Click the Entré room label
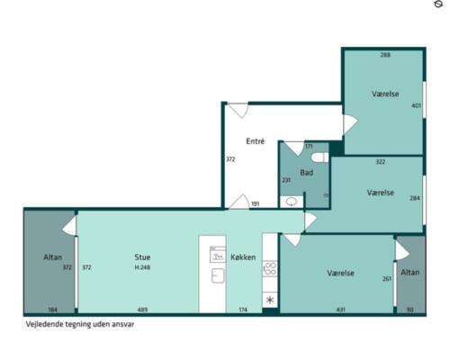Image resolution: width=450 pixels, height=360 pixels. click(x=255, y=141)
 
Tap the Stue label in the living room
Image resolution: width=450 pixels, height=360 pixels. click(x=142, y=257)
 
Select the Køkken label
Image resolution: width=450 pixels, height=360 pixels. click(x=243, y=257)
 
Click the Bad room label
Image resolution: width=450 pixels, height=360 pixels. click(x=307, y=173)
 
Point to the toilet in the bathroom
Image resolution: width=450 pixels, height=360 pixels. click(x=319, y=157)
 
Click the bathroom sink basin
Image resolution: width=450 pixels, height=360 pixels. click(x=292, y=202)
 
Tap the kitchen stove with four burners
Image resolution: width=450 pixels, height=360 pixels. click(x=270, y=268)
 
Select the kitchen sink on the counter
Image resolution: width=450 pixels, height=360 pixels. click(x=218, y=275)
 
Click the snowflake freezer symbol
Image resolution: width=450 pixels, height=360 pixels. click(x=270, y=300)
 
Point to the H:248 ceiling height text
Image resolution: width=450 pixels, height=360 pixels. click(x=142, y=267)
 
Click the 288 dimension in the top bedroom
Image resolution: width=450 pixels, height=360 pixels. click(x=385, y=55)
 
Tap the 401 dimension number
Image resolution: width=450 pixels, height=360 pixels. click(x=416, y=105)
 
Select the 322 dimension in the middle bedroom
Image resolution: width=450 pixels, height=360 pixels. click(x=381, y=162)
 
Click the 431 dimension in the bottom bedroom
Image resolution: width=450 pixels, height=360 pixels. click(x=341, y=310)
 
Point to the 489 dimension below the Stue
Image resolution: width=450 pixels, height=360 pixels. click(x=142, y=310)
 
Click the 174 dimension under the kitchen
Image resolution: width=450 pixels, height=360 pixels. click(x=243, y=310)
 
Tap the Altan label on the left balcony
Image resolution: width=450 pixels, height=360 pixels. click(x=53, y=257)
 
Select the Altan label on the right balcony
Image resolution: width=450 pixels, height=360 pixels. click(x=410, y=273)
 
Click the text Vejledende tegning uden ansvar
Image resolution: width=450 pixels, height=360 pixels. click(x=80, y=324)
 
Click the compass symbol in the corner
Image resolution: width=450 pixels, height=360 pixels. click(x=438, y=4)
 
